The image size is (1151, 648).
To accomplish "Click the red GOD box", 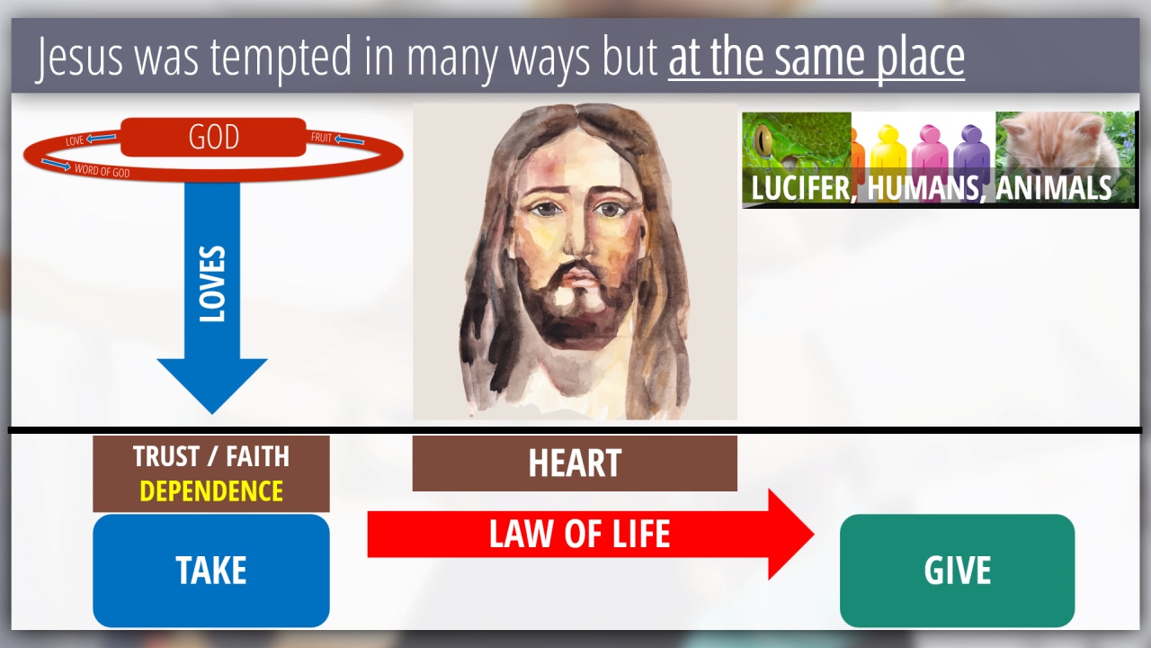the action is point(213,137).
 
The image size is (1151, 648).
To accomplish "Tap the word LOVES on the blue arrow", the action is point(212,283).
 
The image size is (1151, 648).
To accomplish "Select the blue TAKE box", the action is point(211,571).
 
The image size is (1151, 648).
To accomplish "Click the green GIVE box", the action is point(958,571).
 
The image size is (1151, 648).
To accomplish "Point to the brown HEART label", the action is point(575,463).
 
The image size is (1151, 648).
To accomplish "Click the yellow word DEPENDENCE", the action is point(211,491).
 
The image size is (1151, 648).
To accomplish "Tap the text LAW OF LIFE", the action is point(579,534).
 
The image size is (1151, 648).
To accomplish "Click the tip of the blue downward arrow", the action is point(212,414).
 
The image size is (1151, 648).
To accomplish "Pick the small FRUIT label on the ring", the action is point(321,138).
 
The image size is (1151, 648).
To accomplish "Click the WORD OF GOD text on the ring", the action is point(103,171).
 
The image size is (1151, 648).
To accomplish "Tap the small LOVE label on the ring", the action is point(75,141).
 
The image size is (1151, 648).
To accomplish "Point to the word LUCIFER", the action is point(800,187).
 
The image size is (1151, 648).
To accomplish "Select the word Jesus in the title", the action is point(80,57).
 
